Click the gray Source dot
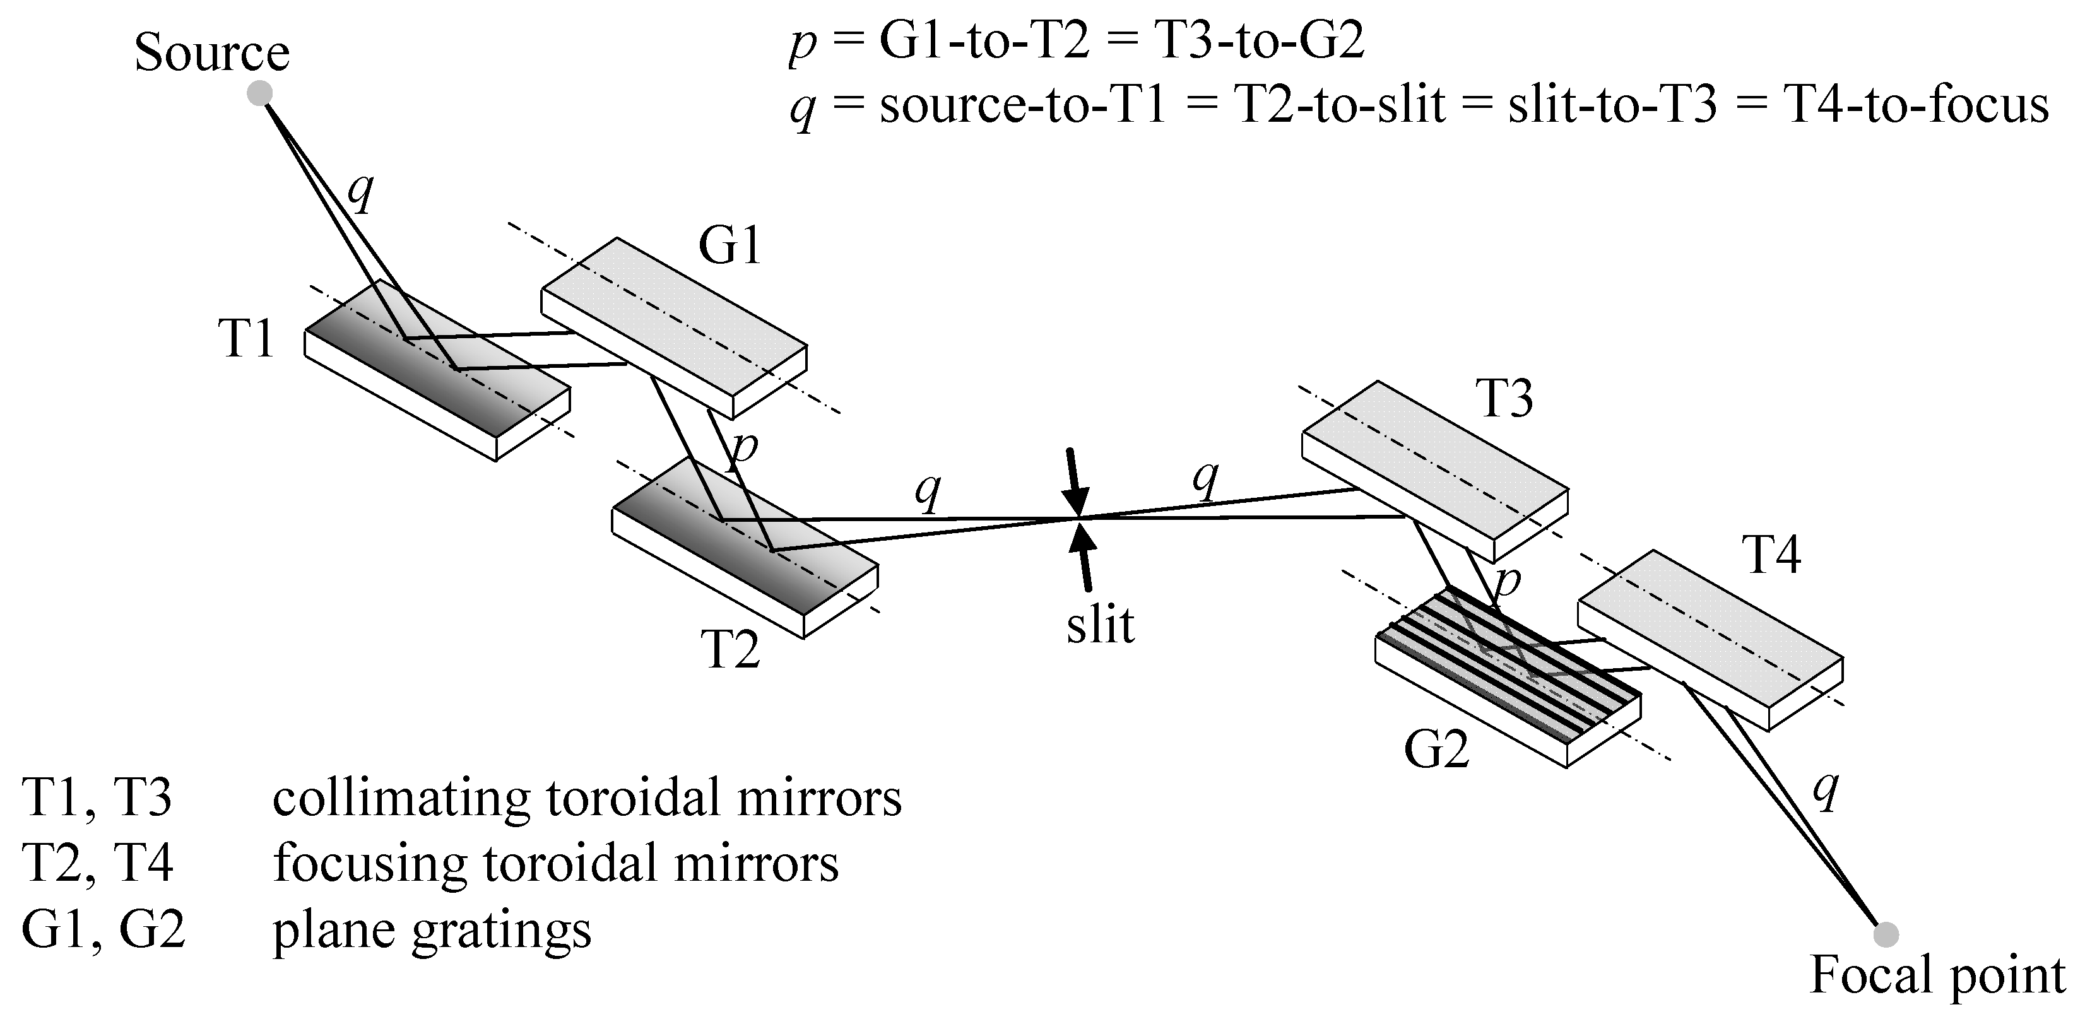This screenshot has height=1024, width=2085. [x=259, y=93]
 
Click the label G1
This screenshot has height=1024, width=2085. [x=730, y=245]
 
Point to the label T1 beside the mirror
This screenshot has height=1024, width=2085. [x=246, y=338]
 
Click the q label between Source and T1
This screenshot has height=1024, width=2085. [x=360, y=192]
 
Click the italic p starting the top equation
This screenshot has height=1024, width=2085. [x=802, y=43]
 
